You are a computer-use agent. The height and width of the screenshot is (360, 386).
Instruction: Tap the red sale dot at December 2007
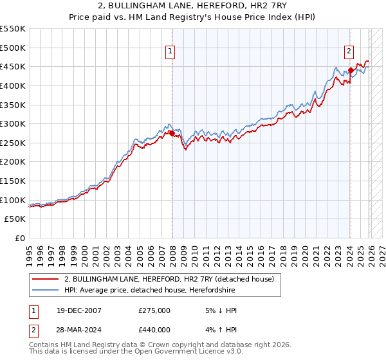point(172,133)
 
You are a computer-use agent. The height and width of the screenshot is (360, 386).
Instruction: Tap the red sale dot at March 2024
point(351,70)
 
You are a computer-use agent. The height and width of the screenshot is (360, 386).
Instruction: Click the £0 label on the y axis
point(20,239)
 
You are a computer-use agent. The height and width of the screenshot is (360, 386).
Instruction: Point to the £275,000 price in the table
point(154,310)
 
